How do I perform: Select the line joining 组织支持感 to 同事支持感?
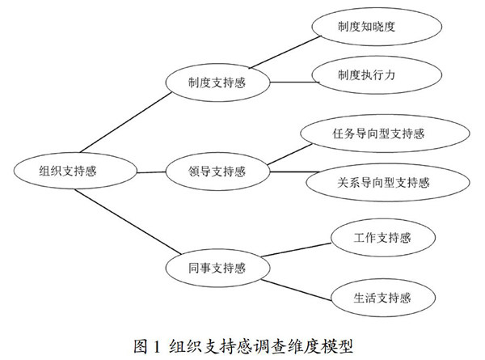(129, 221)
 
